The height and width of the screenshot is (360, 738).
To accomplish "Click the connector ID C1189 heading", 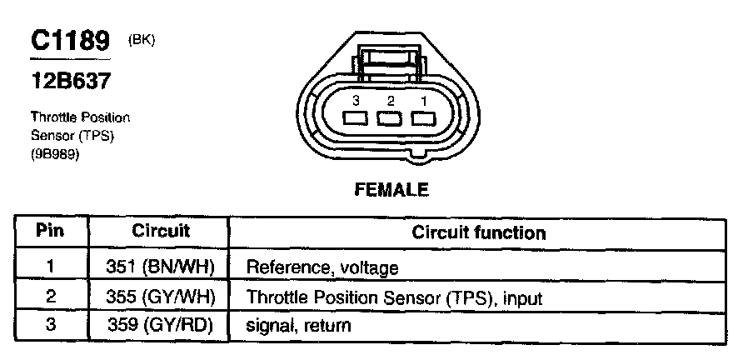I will click(70, 42).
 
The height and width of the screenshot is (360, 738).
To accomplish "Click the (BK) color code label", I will click(142, 40).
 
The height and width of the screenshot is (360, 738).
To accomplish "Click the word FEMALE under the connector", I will click(391, 190).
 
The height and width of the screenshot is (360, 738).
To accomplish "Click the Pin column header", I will click(51, 230).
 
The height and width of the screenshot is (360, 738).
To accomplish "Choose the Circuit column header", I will click(161, 230).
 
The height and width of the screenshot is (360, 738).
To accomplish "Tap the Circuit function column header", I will click(479, 232).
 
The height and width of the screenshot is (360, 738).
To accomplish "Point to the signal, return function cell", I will click(298, 325).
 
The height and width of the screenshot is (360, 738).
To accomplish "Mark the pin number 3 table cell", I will click(50, 324).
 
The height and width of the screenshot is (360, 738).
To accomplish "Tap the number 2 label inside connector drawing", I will click(390, 100).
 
